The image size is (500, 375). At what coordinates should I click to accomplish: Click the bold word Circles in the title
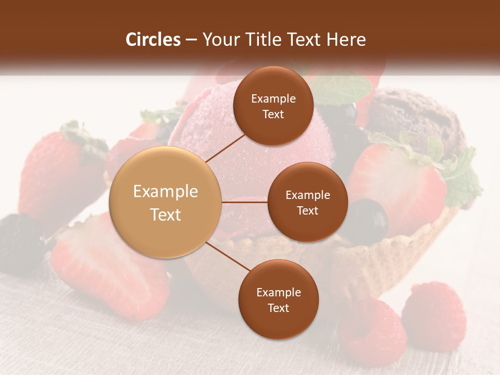tap(153, 40)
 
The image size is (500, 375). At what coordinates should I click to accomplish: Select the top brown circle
tap(273, 106)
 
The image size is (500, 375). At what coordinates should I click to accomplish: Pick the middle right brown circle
tap(307, 202)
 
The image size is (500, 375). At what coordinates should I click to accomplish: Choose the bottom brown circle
tap(278, 299)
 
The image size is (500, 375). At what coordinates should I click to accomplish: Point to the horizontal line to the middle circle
tap(245, 202)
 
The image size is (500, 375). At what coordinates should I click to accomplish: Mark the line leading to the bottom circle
tap(228, 256)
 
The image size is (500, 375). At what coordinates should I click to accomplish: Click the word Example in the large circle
tap(166, 192)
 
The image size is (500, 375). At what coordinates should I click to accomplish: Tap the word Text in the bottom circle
tap(278, 308)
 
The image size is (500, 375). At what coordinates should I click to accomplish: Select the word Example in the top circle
tap(273, 98)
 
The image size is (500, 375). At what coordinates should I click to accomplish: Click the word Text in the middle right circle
tap(307, 210)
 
